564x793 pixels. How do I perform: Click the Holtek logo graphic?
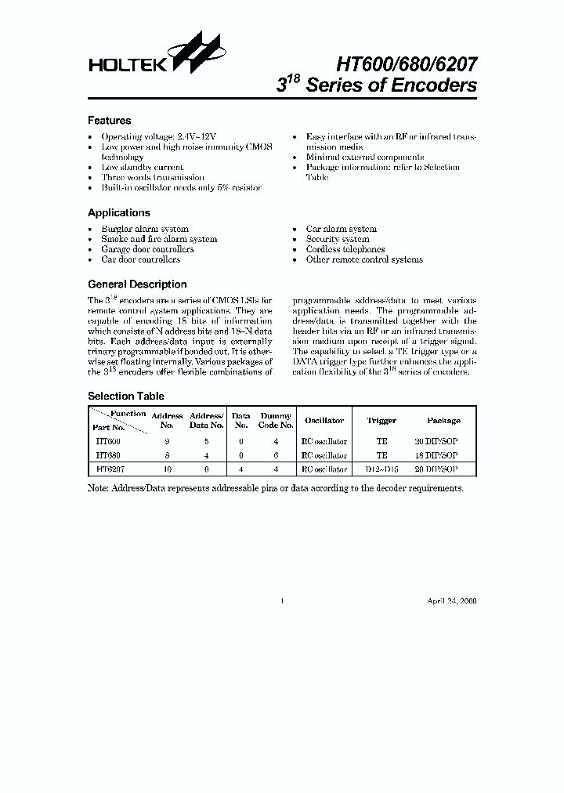pos(193,53)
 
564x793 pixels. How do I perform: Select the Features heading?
pos(109,121)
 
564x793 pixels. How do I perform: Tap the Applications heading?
pos(118,212)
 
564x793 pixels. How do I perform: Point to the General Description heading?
pos(137,284)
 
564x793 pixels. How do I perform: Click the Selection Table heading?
pos(125,396)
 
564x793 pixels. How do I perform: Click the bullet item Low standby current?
pos(142,167)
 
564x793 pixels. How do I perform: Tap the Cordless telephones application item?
pos(345,249)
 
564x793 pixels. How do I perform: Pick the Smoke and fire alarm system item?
pos(159,239)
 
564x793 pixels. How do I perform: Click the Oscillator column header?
pos(324,421)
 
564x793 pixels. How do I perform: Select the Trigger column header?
pos(381,421)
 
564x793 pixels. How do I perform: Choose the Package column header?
pos(443,421)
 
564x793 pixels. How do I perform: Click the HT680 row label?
pos(107,455)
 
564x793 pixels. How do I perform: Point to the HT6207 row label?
pos(110,469)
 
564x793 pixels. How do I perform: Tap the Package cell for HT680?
pos(436,455)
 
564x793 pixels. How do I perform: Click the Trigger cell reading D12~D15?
pos(381,469)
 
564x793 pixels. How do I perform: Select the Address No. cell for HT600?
pos(167,441)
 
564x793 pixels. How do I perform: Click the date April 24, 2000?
pos(451,601)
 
